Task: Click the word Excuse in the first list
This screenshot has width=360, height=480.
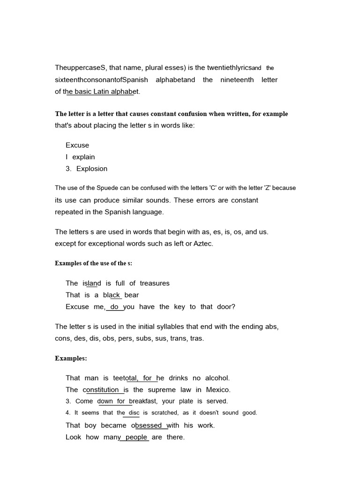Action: [x=77, y=145]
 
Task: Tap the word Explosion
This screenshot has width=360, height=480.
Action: [x=92, y=169]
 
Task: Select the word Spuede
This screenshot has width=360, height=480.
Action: [x=105, y=188]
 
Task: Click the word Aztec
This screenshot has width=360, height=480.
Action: [x=202, y=244]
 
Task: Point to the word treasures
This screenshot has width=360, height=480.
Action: [x=155, y=283]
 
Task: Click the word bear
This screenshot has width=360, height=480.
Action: [x=132, y=295]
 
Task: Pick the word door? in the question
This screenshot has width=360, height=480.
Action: [x=226, y=307]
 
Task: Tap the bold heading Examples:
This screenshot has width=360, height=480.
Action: [x=71, y=359]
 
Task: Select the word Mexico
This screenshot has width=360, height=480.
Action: [x=218, y=390]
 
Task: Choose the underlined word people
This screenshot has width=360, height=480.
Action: [x=136, y=437]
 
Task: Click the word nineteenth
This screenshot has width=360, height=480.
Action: [x=237, y=80]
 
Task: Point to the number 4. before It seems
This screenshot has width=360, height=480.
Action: [x=68, y=413]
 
